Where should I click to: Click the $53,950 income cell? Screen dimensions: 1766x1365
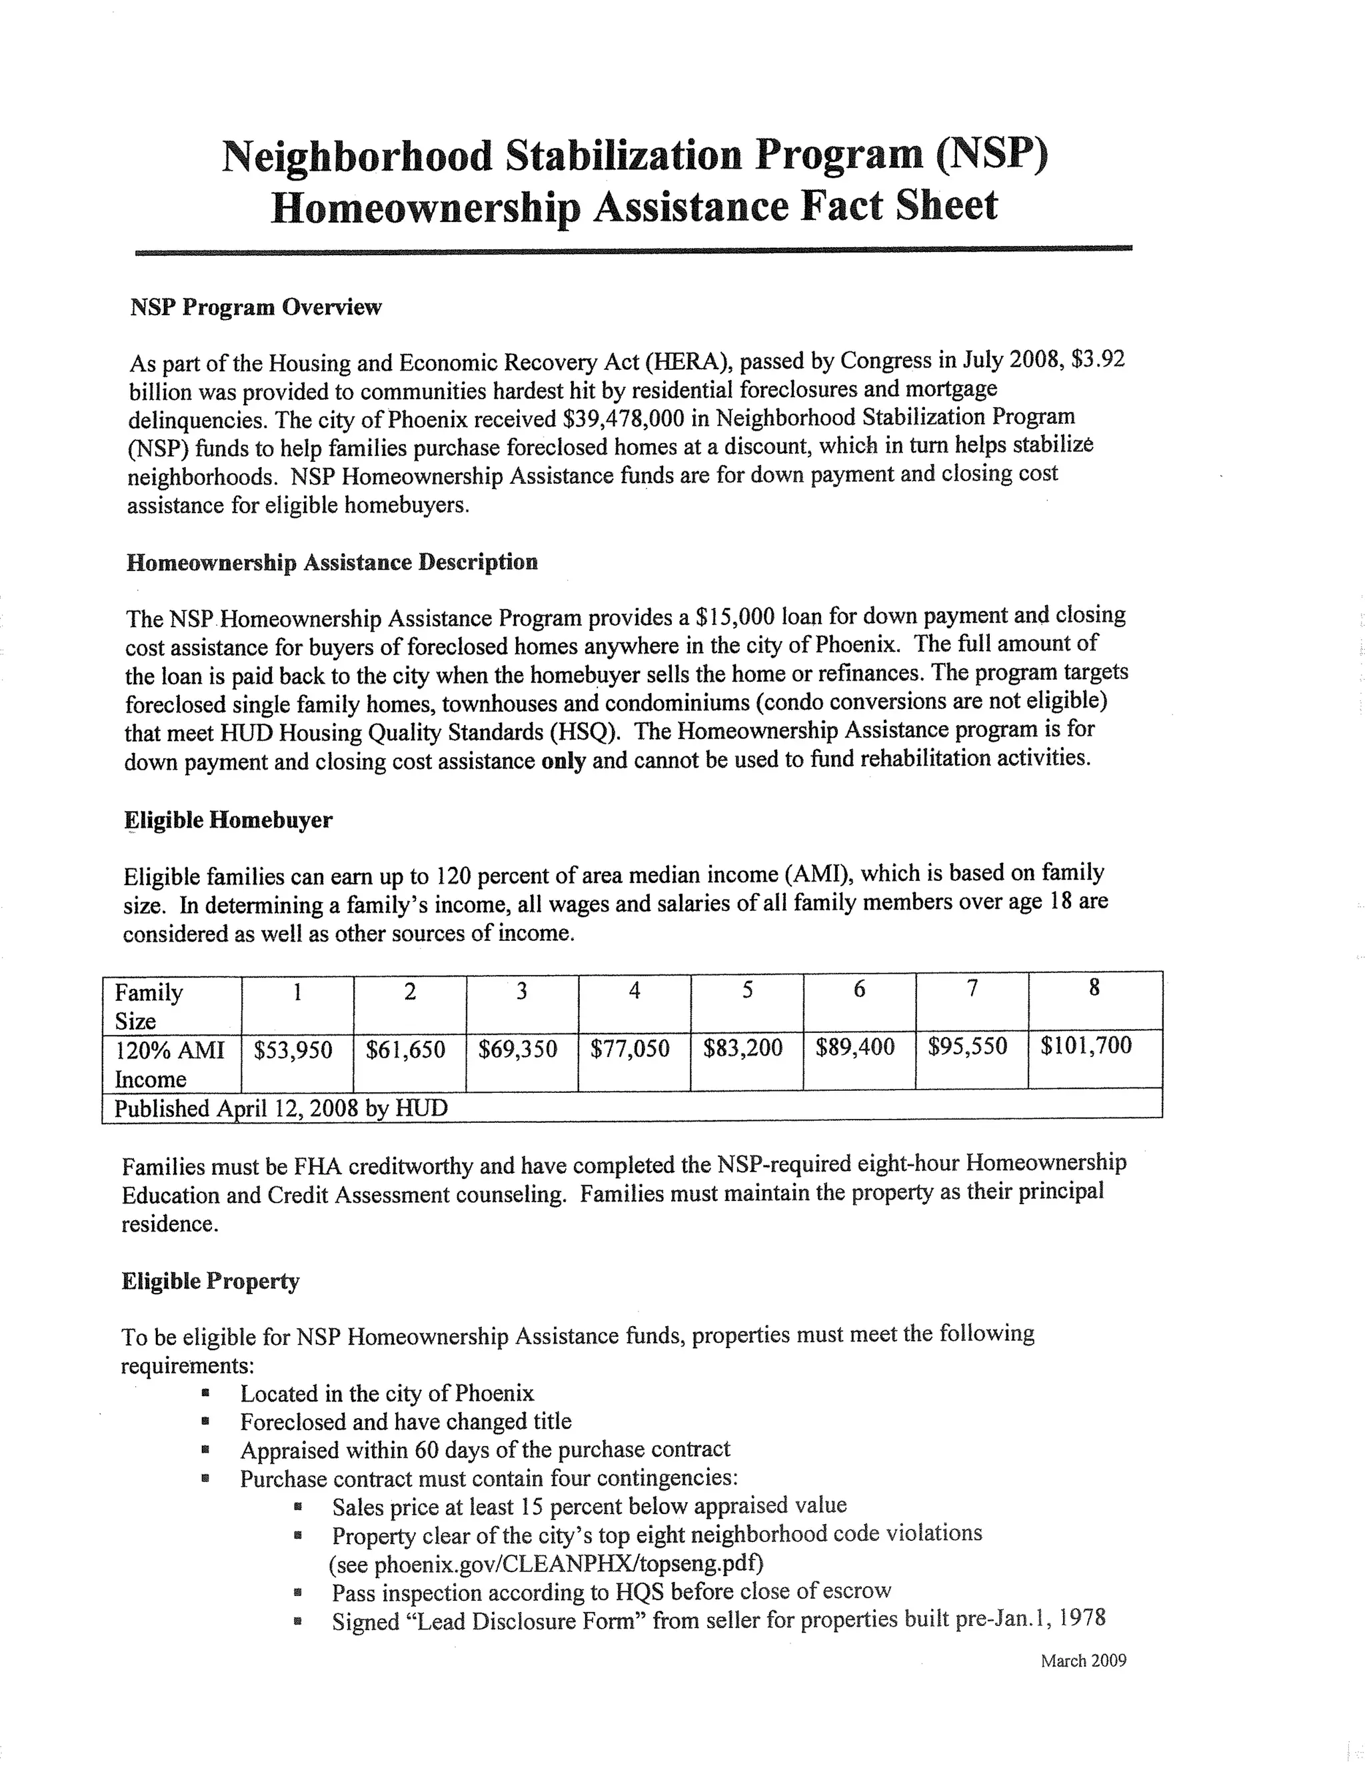click(293, 1050)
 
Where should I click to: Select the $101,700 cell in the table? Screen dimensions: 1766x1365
click(1085, 1046)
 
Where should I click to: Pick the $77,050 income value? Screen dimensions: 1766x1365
click(630, 1049)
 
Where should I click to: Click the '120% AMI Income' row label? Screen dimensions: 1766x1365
click(170, 1064)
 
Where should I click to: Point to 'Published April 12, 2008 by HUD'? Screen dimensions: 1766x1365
click(281, 1108)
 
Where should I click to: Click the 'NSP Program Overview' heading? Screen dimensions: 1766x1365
click(255, 307)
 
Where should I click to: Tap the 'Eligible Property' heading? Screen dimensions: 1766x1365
click(210, 1281)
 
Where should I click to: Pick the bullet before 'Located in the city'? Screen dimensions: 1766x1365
click(208, 1393)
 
